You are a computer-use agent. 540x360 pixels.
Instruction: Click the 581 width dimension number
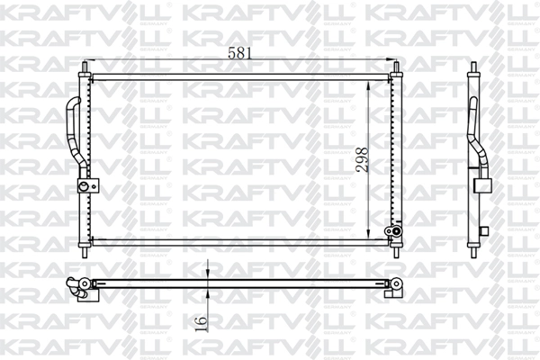[x=239, y=53]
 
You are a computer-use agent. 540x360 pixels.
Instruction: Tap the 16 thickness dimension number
[x=202, y=319]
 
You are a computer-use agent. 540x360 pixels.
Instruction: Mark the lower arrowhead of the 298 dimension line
[x=368, y=235]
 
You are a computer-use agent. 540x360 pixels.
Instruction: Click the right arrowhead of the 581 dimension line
[x=386, y=60]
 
